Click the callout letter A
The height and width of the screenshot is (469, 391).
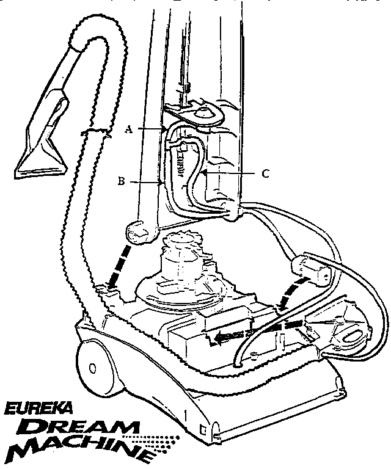[x=129, y=129]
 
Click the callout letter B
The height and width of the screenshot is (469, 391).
[x=122, y=181]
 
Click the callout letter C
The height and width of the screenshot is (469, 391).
[x=265, y=173]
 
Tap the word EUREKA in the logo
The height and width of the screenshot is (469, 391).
[x=38, y=409]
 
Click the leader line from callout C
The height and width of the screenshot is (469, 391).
[x=230, y=173]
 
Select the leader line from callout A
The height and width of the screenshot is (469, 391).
[x=152, y=129]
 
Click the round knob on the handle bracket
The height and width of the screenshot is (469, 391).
[x=202, y=113]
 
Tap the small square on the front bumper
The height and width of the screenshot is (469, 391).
[x=203, y=429]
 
